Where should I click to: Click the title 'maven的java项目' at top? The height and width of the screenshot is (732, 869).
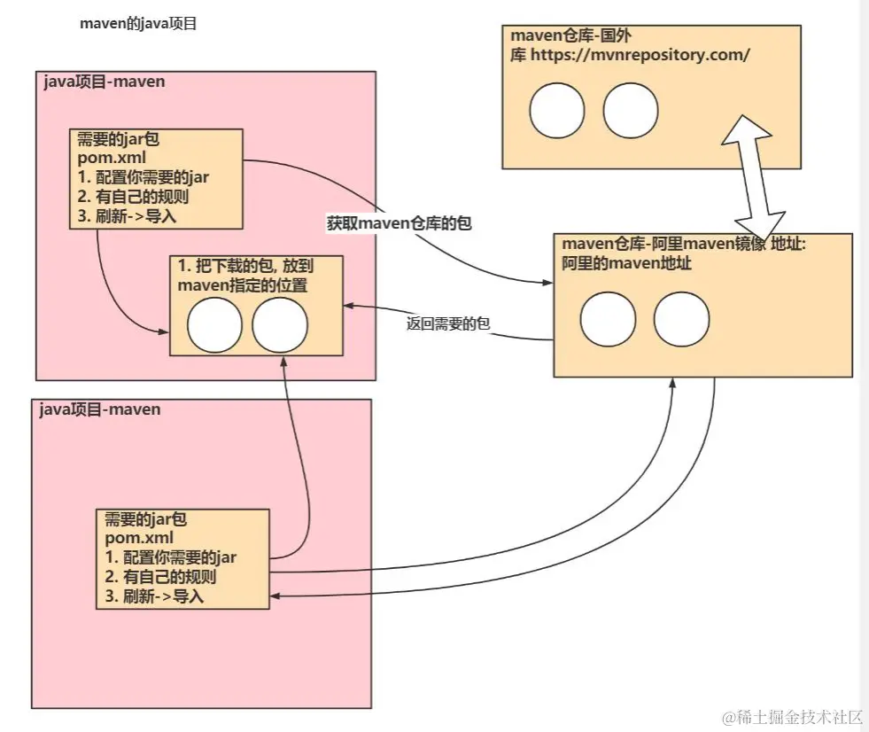[137, 24]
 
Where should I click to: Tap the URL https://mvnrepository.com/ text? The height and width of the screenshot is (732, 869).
[640, 54]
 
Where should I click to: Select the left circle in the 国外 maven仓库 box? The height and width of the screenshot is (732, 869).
[557, 111]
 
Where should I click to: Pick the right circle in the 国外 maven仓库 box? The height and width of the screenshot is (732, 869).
[631, 111]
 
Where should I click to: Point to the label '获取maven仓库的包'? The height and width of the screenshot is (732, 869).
[399, 224]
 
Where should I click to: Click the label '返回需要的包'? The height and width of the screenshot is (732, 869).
[447, 324]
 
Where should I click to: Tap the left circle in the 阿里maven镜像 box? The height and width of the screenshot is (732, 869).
[609, 318]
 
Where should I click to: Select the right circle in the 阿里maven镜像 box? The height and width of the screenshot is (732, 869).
[681, 318]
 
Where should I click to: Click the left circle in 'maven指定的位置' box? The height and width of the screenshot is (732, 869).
[215, 325]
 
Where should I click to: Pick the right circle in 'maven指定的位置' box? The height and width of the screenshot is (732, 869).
[279, 325]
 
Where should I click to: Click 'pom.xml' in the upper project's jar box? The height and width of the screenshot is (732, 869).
[105, 159]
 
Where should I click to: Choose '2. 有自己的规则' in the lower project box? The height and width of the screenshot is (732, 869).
[161, 577]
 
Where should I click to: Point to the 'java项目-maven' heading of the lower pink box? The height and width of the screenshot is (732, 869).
[100, 409]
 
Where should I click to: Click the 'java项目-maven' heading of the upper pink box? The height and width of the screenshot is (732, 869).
[104, 82]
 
